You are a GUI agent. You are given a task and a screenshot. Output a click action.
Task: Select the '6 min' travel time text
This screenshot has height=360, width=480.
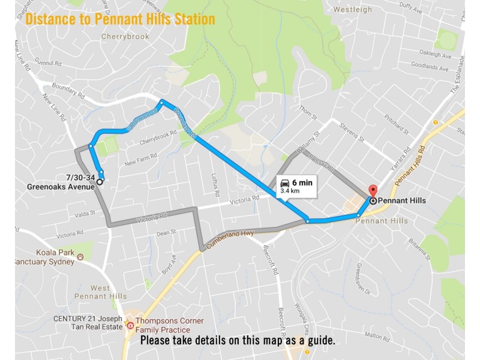tap(302, 182)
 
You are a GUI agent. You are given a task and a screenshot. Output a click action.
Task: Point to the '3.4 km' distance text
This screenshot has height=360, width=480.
tap(289, 191)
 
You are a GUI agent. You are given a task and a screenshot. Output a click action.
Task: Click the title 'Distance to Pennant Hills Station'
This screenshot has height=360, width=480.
tap(120, 19)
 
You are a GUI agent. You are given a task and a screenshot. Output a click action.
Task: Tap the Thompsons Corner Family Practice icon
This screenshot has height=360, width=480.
tap(130, 325)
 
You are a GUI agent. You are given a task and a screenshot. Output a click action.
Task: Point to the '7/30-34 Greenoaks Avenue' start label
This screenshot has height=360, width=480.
tap(61, 181)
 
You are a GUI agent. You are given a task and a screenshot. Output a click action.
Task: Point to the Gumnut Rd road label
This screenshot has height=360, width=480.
tap(49, 62)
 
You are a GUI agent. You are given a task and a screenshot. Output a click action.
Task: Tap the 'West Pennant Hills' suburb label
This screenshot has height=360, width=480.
tap(101, 292)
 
